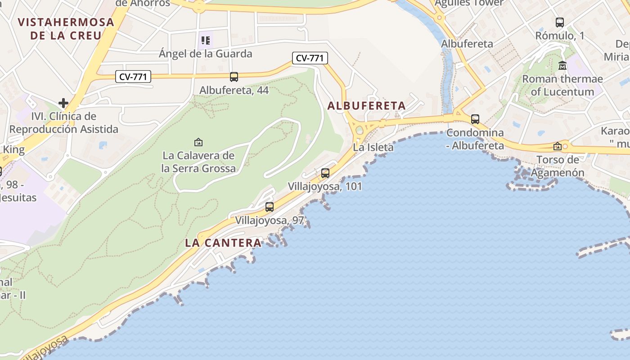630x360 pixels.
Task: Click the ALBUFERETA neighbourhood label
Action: coord(366,106)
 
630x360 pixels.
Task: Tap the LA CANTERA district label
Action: coord(223,243)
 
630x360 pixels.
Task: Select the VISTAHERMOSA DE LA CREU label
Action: coord(66,28)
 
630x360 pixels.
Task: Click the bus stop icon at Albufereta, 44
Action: coord(234,77)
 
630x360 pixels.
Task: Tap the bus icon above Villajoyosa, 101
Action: coord(325,173)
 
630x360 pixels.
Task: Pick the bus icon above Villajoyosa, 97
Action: coord(270,207)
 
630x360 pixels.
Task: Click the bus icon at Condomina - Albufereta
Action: coord(475,119)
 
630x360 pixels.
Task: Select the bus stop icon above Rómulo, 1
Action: coord(560,22)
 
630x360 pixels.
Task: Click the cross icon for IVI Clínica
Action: coord(63,103)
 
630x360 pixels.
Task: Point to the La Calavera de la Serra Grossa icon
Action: coord(198,142)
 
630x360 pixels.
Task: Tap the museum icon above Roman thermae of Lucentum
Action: coord(562,66)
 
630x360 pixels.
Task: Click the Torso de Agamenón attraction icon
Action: coord(558,146)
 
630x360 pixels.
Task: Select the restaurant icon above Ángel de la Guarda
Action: coord(206,41)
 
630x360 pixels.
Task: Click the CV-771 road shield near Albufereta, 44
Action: coord(133,77)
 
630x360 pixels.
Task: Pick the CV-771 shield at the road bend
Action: coord(310,58)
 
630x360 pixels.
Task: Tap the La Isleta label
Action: coord(373,147)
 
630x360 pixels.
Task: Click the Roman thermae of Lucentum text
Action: coord(562,85)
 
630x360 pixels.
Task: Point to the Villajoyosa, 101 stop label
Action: coord(325,186)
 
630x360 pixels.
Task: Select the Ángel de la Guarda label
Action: coord(206,54)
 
